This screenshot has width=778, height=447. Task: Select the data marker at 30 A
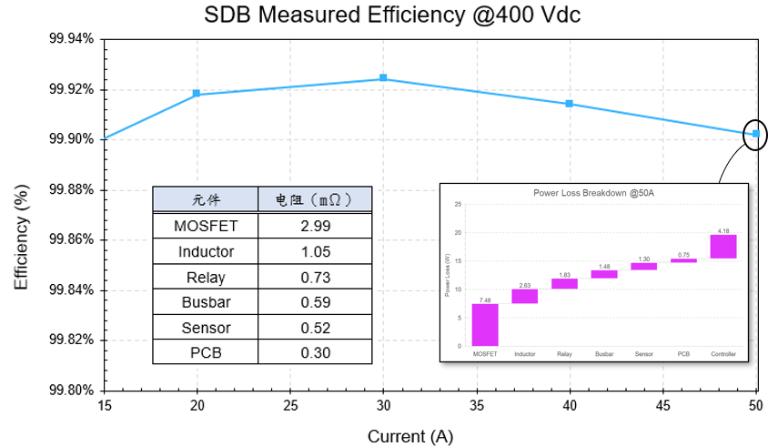[x=383, y=78]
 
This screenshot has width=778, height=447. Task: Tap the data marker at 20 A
[x=197, y=94]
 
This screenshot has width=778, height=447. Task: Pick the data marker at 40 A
[x=570, y=104]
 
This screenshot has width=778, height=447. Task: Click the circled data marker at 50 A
[x=755, y=134]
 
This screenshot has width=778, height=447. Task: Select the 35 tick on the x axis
[x=476, y=406]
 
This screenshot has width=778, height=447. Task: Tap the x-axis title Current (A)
[x=409, y=437]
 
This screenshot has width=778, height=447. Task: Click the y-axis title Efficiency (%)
[x=22, y=240]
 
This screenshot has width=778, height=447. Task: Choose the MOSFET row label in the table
[x=206, y=226]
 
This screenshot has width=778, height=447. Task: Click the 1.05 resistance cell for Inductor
[x=315, y=251]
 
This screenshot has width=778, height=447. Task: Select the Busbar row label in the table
[x=206, y=302]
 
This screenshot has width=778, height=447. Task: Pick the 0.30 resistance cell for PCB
[x=315, y=352]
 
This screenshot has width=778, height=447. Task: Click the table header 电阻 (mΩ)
[x=315, y=200]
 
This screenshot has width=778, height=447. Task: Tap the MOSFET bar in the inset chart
[x=485, y=325]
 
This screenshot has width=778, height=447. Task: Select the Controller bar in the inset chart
[x=723, y=247]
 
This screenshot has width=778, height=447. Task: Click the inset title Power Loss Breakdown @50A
[x=593, y=193]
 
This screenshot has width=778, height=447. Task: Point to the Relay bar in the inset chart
[x=564, y=284]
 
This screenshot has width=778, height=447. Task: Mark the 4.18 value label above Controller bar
[x=723, y=231]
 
